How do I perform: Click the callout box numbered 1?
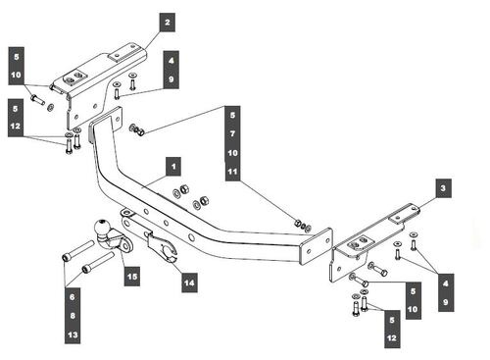pyautogui.click(x=173, y=167)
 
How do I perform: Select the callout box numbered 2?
pyautogui.click(x=168, y=23)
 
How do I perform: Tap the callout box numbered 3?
pyautogui.click(x=443, y=188)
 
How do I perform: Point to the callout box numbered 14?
pyautogui.click(x=189, y=283)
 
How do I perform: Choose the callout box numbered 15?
pyautogui.click(x=132, y=277)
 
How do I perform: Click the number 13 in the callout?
pyautogui.click(x=73, y=334)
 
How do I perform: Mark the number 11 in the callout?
pyautogui.click(x=232, y=172)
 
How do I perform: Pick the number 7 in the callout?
pyautogui.click(x=232, y=133)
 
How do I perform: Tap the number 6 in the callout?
pyautogui.click(x=73, y=297)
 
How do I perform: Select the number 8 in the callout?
pyautogui.click(x=73, y=316)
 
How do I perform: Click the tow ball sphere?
pyautogui.click(x=101, y=227)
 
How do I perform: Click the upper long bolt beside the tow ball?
pyautogui.click(x=78, y=250)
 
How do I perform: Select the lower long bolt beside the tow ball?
pyautogui.click(x=98, y=262)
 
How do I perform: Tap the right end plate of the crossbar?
pyautogui.click(x=317, y=246)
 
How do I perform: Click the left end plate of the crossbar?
pyautogui.click(x=105, y=125)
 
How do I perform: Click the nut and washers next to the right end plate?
pyautogui.click(x=303, y=225)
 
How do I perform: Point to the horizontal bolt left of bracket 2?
pyautogui.click(x=37, y=99)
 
